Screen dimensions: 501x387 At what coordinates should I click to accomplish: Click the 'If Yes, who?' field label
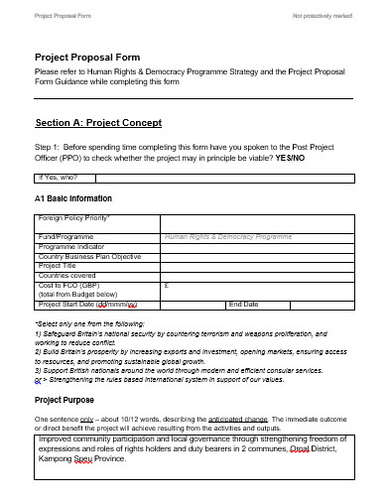pos(64,179)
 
